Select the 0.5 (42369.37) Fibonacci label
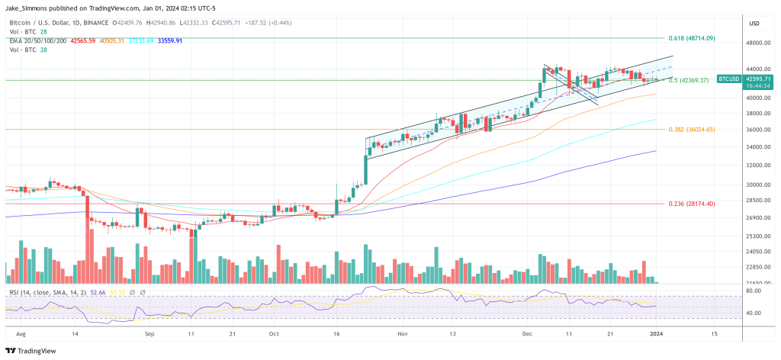point(689,80)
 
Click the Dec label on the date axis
point(526,334)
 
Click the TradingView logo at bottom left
point(33,350)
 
